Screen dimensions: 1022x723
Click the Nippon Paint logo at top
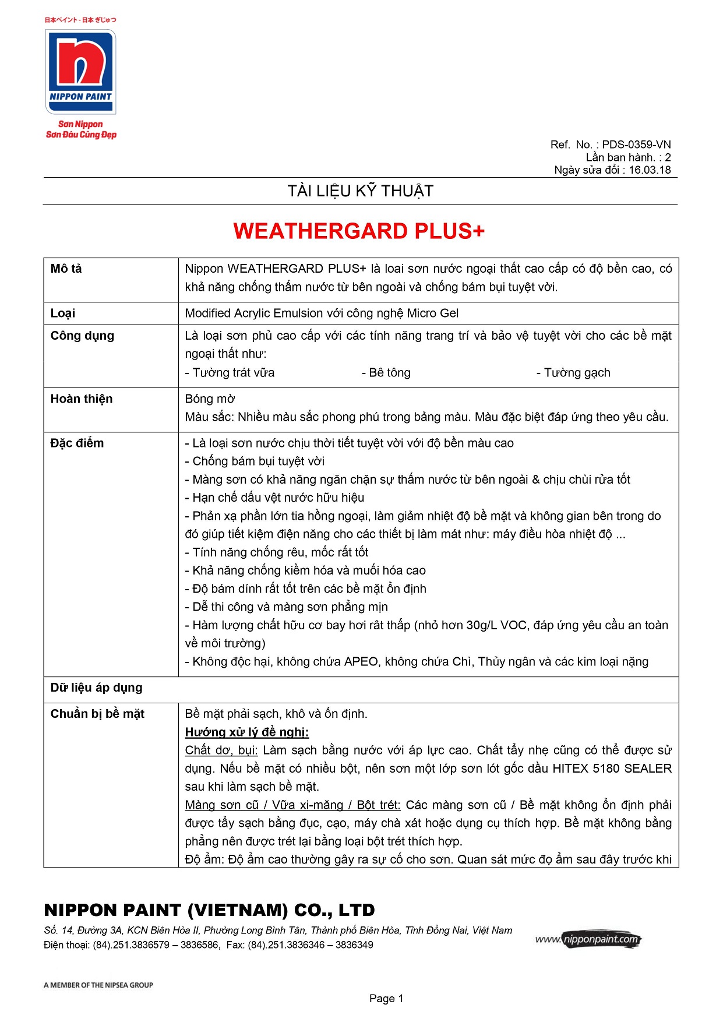coord(81,72)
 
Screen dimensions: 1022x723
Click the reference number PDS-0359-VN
coord(636,145)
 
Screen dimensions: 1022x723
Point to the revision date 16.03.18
coord(650,170)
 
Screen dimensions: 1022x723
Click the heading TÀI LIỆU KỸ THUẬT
coord(361,191)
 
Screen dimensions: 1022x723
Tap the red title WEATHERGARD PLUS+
coord(359,231)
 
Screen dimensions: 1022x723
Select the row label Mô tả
coord(66,269)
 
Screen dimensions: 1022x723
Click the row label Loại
coord(63,313)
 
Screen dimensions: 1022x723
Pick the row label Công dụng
coord(82,336)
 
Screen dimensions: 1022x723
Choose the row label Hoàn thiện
coord(82,399)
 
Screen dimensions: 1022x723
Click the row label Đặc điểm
coord(77,443)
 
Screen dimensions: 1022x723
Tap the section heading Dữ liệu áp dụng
coord(96,688)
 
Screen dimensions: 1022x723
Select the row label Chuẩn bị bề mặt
coord(97,714)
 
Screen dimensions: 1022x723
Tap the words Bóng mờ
coord(210,399)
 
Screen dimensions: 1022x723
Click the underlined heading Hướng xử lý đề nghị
coord(247,732)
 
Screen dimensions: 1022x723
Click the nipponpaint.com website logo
coord(588,939)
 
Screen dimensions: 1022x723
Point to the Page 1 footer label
coord(386,999)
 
